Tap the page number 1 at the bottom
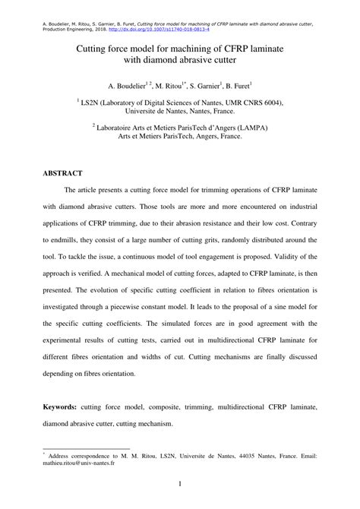point(180,483)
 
